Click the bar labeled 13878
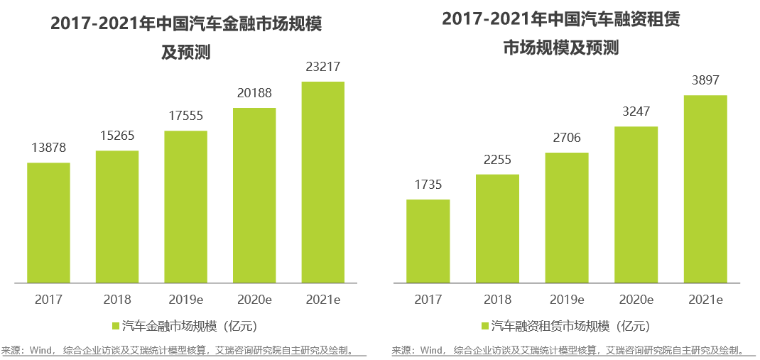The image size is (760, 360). (x=48, y=223)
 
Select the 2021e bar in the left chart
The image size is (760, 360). (x=323, y=182)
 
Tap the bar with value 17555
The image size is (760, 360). (x=185, y=207)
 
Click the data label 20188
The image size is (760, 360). (x=254, y=93)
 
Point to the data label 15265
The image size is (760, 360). (x=117, y=136)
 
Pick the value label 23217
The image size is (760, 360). (x=323, y=67)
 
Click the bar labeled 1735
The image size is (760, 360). (x=428, y=241)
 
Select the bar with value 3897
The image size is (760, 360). (x=705, y=190)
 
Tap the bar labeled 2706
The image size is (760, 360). (x=567, y=218)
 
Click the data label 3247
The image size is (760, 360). (x=636, y=111)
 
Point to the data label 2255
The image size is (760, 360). (x=497, y=159)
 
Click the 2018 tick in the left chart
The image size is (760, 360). (x=117, y=300)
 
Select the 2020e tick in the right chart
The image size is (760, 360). (x=636, y=300)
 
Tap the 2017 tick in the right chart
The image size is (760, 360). (x=428, y=300)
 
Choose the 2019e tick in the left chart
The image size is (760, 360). (x=185, y=300)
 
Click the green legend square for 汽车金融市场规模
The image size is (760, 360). (x=116, y=327)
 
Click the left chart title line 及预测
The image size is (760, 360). (x=185, y=53)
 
